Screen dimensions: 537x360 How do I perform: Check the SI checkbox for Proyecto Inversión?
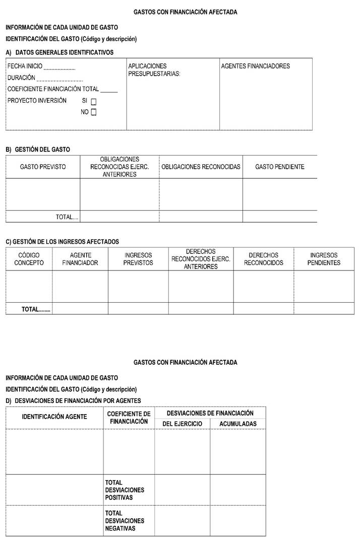point(94,101)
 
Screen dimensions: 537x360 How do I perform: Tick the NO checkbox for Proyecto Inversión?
point(94,112)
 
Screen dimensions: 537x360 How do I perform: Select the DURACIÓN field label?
point(22,78)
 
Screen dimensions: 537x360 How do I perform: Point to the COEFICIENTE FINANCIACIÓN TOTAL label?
point(53,89)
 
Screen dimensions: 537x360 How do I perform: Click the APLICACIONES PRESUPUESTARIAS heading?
point(154,70)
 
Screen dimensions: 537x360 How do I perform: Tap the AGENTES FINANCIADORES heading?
point(256,66)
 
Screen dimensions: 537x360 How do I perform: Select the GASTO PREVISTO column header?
point(43,167)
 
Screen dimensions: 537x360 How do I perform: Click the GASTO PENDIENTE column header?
point(280,167)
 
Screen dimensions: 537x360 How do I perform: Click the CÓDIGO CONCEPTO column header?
point(29,259)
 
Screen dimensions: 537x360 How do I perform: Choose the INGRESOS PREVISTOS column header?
point(138,259)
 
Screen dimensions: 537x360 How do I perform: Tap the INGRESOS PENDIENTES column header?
point(324,259)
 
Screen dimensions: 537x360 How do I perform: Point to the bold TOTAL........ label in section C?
point(36,309)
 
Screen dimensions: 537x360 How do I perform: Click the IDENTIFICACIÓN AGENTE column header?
point(54,417)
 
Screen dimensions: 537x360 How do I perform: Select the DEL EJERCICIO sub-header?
point(182,424)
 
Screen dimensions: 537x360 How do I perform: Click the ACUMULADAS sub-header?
point(238,424)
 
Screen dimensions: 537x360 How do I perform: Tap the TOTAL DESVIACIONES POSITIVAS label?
point(125,490)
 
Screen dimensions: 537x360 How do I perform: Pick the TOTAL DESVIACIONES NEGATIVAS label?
point(125,521)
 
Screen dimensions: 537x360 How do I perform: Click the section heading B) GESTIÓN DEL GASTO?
point(38,150)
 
